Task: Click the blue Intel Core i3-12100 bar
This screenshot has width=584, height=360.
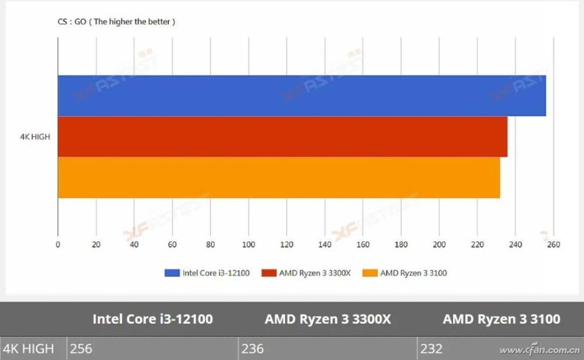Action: tap(301, 96)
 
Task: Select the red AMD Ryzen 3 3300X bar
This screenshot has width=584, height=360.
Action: tap(282, 137)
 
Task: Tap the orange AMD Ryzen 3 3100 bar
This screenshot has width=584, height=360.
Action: tap(279, 178)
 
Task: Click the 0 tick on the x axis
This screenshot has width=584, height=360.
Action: tap(58, 245)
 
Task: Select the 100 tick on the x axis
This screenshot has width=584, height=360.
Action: tap(249, 245)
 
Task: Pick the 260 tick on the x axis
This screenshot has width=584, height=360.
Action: tap(554, 245)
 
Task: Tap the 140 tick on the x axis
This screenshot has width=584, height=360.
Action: tap(325, 245)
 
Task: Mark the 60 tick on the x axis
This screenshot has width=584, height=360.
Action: tap(172, 245)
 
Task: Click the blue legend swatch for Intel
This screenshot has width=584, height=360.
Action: tap(172, 273)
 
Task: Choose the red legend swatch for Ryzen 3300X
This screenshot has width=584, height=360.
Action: tap(269, 273)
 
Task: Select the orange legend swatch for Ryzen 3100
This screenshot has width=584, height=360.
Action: tap(370, 273)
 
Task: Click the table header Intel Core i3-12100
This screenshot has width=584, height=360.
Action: tap(152, 319)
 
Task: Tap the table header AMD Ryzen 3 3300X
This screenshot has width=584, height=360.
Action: tap(328, 319)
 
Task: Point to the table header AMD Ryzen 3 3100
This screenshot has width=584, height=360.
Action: tap(501, 319)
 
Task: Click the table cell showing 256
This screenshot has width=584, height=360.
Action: tap(81, 349)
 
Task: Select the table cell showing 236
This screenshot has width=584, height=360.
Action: tap(253, 349)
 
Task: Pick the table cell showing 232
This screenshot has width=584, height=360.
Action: tap(432, 349)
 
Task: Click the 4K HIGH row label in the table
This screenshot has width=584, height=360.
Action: tap(29, 349)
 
